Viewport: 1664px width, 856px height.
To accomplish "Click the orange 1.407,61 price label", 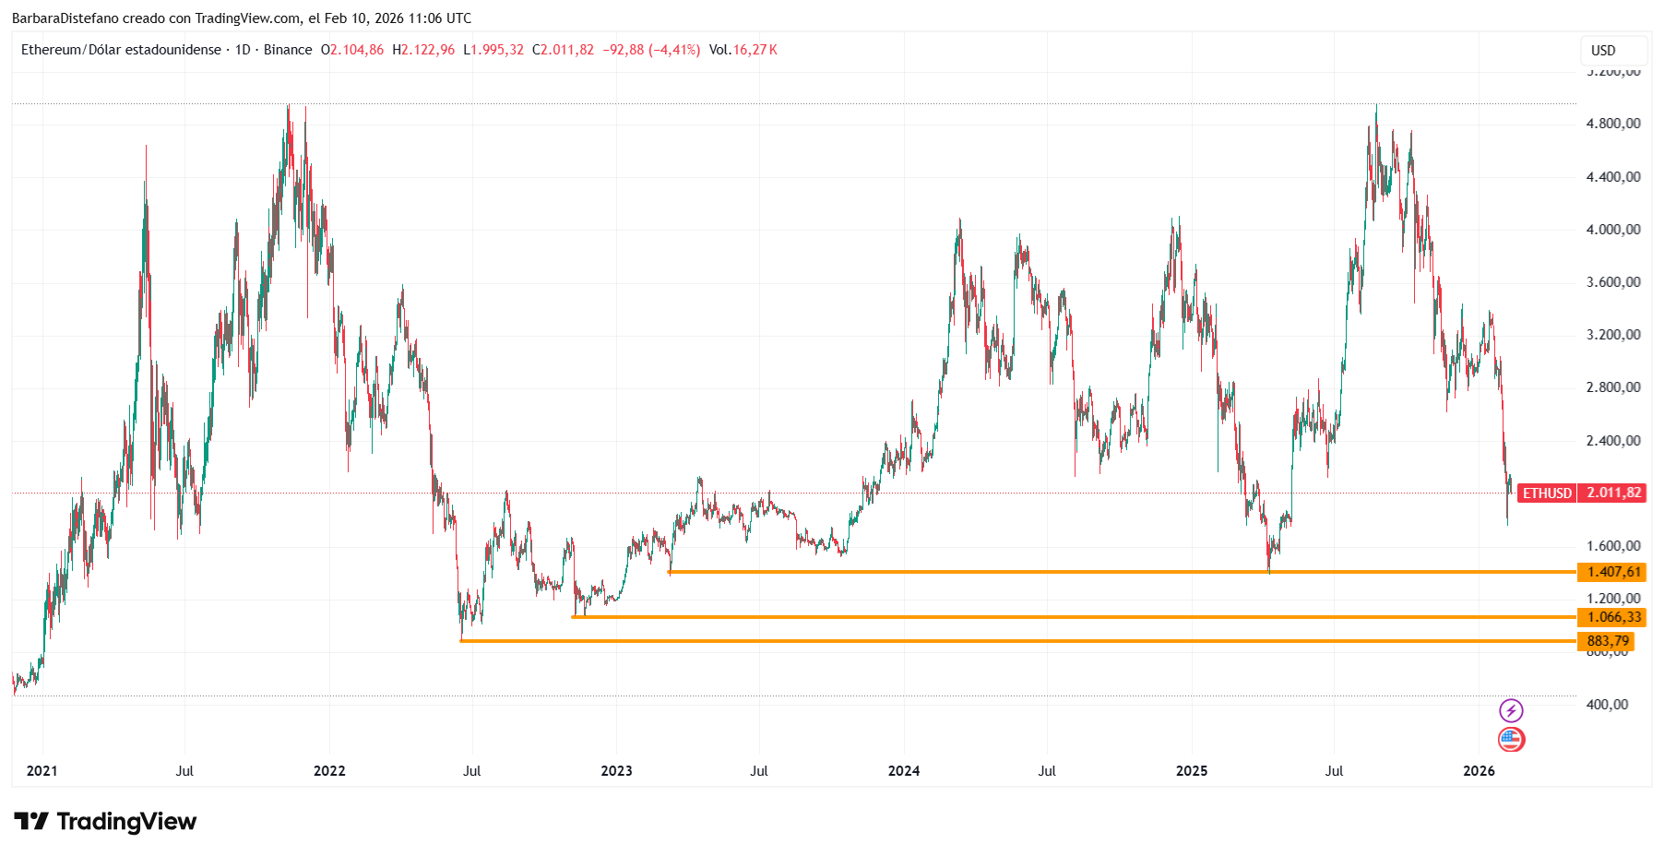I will point(1611,572).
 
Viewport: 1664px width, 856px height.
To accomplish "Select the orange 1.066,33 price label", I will point(1611,617).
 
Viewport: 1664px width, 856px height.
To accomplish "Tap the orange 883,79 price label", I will point(1606,641).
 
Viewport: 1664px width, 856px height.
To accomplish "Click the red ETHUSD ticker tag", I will point(1547,493).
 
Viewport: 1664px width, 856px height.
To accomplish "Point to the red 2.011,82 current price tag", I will point(1612,493).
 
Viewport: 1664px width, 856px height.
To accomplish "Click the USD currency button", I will point(1603,51).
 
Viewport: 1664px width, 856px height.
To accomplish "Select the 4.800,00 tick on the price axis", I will point(1613,124).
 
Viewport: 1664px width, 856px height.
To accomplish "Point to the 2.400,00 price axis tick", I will point(1613,441).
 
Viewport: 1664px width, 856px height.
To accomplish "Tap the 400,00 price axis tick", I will point(1607,705).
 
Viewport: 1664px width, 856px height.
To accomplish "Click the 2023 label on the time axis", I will point(616,771).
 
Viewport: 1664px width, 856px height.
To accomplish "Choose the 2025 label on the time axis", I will point(1192,771).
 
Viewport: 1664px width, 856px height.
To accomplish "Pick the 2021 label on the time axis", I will point(42,771).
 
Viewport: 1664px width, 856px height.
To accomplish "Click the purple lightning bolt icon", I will point(1511,710).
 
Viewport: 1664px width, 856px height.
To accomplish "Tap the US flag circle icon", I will point(1511,739).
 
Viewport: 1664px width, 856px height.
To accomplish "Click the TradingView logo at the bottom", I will point(105,821).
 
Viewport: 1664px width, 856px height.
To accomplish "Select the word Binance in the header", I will point(288,50).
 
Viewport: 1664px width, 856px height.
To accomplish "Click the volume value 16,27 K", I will point(755,50).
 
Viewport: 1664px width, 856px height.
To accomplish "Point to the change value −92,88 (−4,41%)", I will point(651,50).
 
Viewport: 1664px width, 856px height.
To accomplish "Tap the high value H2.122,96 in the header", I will point(423,50).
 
